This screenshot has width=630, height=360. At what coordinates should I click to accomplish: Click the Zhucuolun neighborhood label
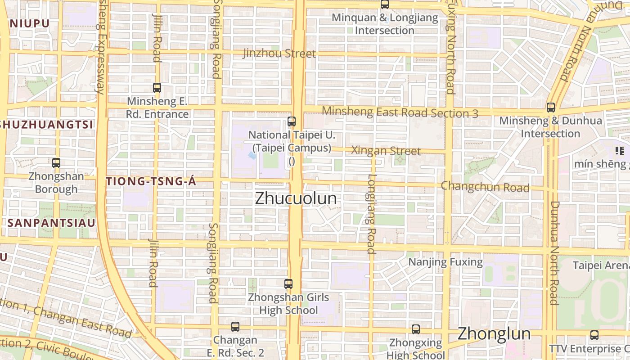click(x=296, y=198)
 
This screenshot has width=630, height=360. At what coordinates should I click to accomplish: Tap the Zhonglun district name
click(x=494, y=334)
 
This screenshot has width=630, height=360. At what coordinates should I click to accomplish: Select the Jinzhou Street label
click(x=279, y=54)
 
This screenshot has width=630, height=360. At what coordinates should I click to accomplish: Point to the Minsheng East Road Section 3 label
click(x=400, y=112)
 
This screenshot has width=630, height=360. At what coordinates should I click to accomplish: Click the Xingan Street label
click(x=386, y=151)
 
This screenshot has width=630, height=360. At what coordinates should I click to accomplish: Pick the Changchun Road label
click(x=485, y=186)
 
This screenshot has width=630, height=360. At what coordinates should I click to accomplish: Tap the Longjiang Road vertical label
click(x=371, y=214)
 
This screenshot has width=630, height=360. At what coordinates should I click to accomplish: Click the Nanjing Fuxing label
click(x=445, y=262)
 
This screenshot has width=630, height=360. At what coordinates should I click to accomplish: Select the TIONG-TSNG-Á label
click(x=151, y=181)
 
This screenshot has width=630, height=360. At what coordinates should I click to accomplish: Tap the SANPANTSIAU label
click(x=51, y=223)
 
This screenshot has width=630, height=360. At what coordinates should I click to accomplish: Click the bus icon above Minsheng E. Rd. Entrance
click(x=157, y=88)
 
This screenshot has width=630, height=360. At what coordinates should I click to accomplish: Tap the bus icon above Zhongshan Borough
click(x=56, y=163)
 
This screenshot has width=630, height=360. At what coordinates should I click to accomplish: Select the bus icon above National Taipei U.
click(x=292, y=121)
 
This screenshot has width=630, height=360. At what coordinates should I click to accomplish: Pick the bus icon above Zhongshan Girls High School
click(x=288, y=284)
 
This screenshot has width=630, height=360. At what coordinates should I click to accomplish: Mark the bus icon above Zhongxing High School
click(x=416, y=329)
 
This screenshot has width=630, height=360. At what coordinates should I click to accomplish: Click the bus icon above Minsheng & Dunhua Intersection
click(x=550, y=108)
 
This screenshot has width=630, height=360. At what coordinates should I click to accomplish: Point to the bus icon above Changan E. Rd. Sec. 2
click(x=235, y=327)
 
